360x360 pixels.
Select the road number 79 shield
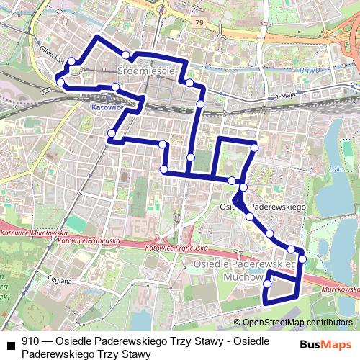tap(199, 22)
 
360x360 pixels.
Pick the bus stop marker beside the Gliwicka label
tap(71, 61)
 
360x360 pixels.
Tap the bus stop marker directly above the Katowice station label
tap(115, 87)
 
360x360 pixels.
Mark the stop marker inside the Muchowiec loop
tap(268, 284)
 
